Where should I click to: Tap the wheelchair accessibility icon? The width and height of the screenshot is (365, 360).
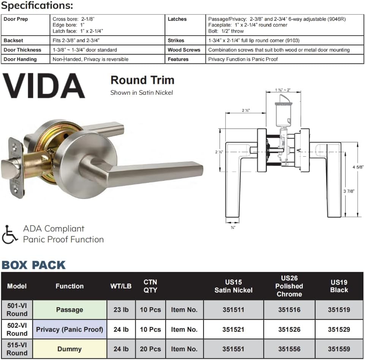(x=9, y=234)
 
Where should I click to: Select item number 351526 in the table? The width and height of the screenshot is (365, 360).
(x=289, y=329)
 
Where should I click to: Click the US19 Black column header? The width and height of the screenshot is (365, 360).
(x=339, y=286)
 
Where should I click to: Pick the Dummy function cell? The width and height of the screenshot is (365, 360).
(x=69, y=349)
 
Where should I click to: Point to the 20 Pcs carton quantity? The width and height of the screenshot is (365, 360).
(x=150, y=349)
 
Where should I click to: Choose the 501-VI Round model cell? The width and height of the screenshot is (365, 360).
(x=17, y=310)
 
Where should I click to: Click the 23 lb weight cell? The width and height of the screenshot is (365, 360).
(x=121, y=310)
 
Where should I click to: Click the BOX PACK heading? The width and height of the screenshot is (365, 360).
(x=33, y=265)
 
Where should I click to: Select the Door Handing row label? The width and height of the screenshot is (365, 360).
(x=20, y=59)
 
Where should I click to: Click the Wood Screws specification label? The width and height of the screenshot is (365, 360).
(x=184, y=50)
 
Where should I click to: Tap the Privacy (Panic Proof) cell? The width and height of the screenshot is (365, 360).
(x=70, y=329)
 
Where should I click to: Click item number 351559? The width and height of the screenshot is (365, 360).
(x=339, y=349)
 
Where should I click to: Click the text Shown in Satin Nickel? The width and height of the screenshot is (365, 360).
(x=141, y=93)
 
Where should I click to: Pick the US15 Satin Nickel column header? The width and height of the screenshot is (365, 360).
(x=233, y=286)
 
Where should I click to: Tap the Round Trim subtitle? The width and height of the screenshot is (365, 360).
(x=142, y=80)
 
